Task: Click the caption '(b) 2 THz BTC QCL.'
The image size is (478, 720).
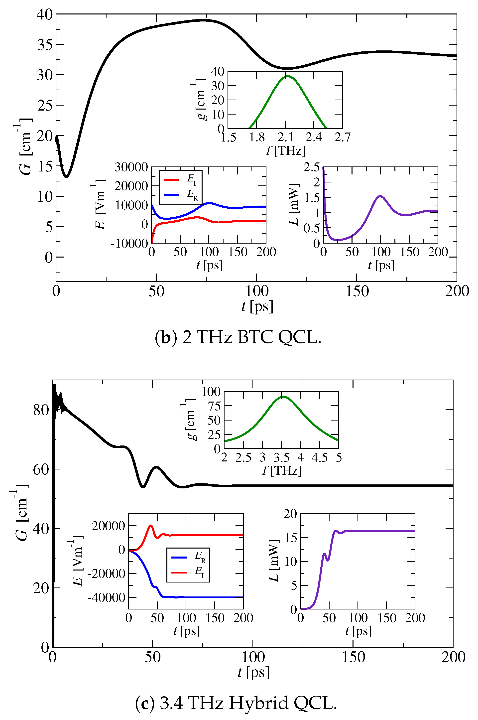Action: [x=238, y=338]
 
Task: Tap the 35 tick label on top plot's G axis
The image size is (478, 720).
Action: [x=45, y=45]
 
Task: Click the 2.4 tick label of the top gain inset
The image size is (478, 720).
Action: [x=314, y=138]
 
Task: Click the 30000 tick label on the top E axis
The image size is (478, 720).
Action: [x=131, y=167]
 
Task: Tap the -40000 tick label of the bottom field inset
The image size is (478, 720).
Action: [x=106, y=597]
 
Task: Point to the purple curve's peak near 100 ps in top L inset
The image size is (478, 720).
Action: [x=380, y=196]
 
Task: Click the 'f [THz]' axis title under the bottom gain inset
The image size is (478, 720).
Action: [x=282, y=470]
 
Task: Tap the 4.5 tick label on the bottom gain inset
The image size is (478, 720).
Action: [x=320, y=457]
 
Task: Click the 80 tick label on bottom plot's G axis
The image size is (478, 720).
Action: [x=41, y=410]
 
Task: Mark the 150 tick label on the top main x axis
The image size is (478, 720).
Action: [x=357, y=291]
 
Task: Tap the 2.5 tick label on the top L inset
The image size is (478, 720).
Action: [x=312, y=167]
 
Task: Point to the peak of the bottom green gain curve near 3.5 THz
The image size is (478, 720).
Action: [x=283, y=397]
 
